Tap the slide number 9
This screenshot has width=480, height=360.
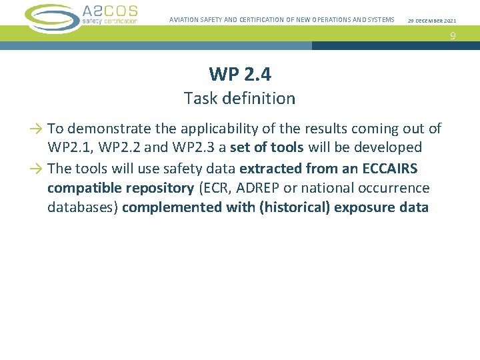pos(452,36)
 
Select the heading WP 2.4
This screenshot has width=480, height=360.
pos(239,74)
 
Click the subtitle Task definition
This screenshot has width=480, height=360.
pos(239,99)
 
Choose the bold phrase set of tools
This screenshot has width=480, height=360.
pos(267,147)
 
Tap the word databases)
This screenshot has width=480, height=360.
pos(83,207)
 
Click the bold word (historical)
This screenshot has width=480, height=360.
pos(293,207)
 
